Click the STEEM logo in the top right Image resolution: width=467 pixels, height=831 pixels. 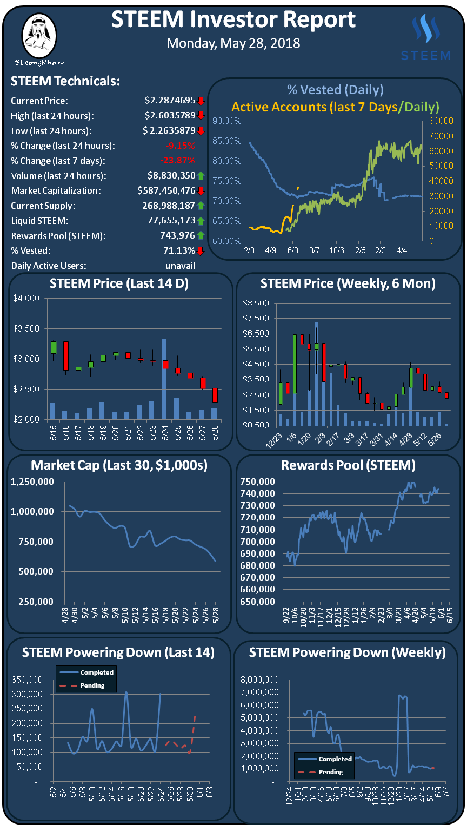click(x=425, y=37)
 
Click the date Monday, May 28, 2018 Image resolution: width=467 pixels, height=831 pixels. click(x=233, y=43)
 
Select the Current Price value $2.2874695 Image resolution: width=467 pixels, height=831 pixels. click(x=170, y=101)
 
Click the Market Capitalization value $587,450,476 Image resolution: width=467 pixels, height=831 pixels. click(x=166, y=190)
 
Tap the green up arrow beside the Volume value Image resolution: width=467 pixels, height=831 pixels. click(x=201, y=175)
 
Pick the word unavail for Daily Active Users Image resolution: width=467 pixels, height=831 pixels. click(x=180, y=266)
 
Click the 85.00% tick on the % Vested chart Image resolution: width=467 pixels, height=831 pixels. click(x=227, y=141)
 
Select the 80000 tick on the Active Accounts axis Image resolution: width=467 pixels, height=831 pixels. click(x=441, y=121)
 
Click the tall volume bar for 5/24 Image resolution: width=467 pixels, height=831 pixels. click(x=164, y=379)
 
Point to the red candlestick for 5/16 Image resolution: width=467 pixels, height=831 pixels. click(x=66, y=355)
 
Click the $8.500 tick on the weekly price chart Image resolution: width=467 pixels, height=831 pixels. click(x=256, y=303)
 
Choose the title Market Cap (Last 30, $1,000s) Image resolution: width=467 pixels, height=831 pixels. click(x=119, y=465)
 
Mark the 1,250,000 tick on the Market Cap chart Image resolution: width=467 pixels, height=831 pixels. click(x=32, y=482)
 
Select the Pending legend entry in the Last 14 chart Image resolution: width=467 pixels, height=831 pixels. click(x=92, y=685)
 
